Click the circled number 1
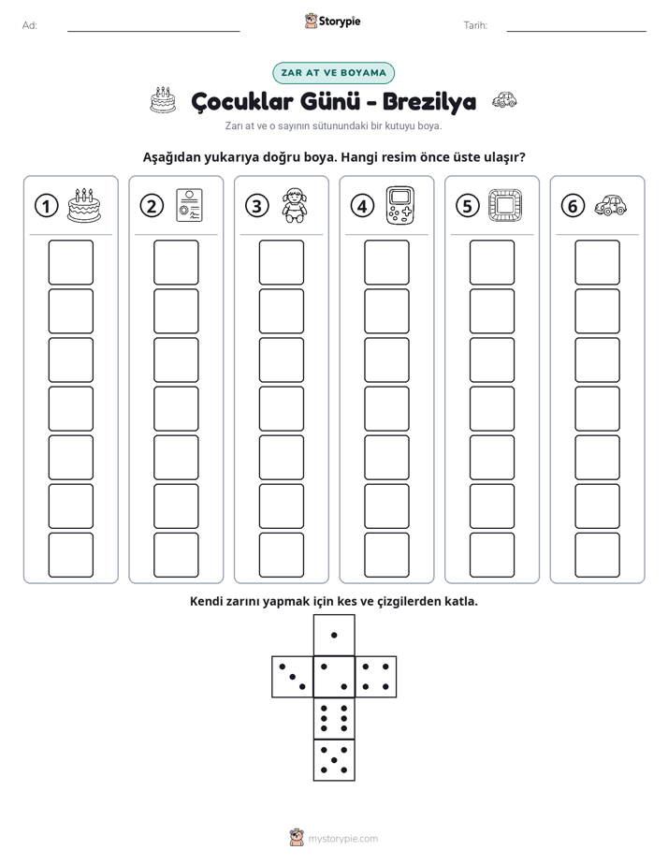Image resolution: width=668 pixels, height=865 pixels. point(46,206)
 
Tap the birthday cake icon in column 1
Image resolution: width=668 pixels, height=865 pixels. point(84,205)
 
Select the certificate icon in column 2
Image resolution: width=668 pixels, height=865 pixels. point(189,205)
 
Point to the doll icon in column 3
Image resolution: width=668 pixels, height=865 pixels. point(295,205)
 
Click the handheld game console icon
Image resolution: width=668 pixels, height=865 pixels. point(400,205)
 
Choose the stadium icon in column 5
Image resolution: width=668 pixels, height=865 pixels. point(505,205)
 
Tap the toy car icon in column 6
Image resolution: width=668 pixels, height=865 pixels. point(611,205)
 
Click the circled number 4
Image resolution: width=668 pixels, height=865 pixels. point(362,206)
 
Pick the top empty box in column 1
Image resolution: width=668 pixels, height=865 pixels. point(70,262)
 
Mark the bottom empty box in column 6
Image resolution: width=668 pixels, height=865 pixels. point(597,555)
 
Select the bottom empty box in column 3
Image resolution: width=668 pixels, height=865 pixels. point(281,555)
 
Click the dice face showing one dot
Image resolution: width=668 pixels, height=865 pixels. point(334,635)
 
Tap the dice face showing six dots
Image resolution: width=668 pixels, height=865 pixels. point(334,718)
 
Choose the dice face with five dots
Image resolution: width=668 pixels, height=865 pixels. point(334,760)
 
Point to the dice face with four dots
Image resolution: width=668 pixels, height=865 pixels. point(376,677)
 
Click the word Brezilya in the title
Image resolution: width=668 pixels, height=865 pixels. point(429,101)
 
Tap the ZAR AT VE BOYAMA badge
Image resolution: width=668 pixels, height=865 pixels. point(333,73)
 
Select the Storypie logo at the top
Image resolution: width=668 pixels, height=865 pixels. point(332,21)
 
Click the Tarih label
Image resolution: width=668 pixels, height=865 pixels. point(475,25)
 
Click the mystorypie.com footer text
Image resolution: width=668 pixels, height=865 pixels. point(342,839)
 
